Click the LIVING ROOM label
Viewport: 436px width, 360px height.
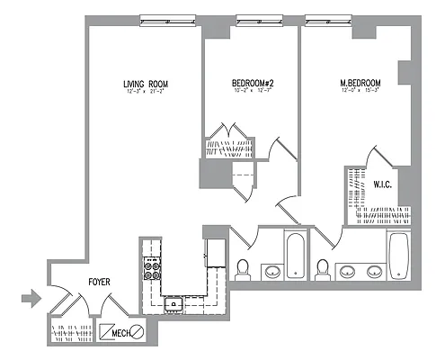tap(146, 85)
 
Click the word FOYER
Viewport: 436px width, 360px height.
tap(99, 283)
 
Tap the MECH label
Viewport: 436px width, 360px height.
tap(120, 336)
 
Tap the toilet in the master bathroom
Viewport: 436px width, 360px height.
tap(323, 268)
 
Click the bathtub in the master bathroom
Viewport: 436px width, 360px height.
tap(398, 254)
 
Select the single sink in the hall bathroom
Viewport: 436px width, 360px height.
tap(272, 269)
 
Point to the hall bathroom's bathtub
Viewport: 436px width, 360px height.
tap(294, 255)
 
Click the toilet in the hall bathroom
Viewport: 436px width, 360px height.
tap(242, 268)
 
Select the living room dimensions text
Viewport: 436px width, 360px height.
tap(146, 93)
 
